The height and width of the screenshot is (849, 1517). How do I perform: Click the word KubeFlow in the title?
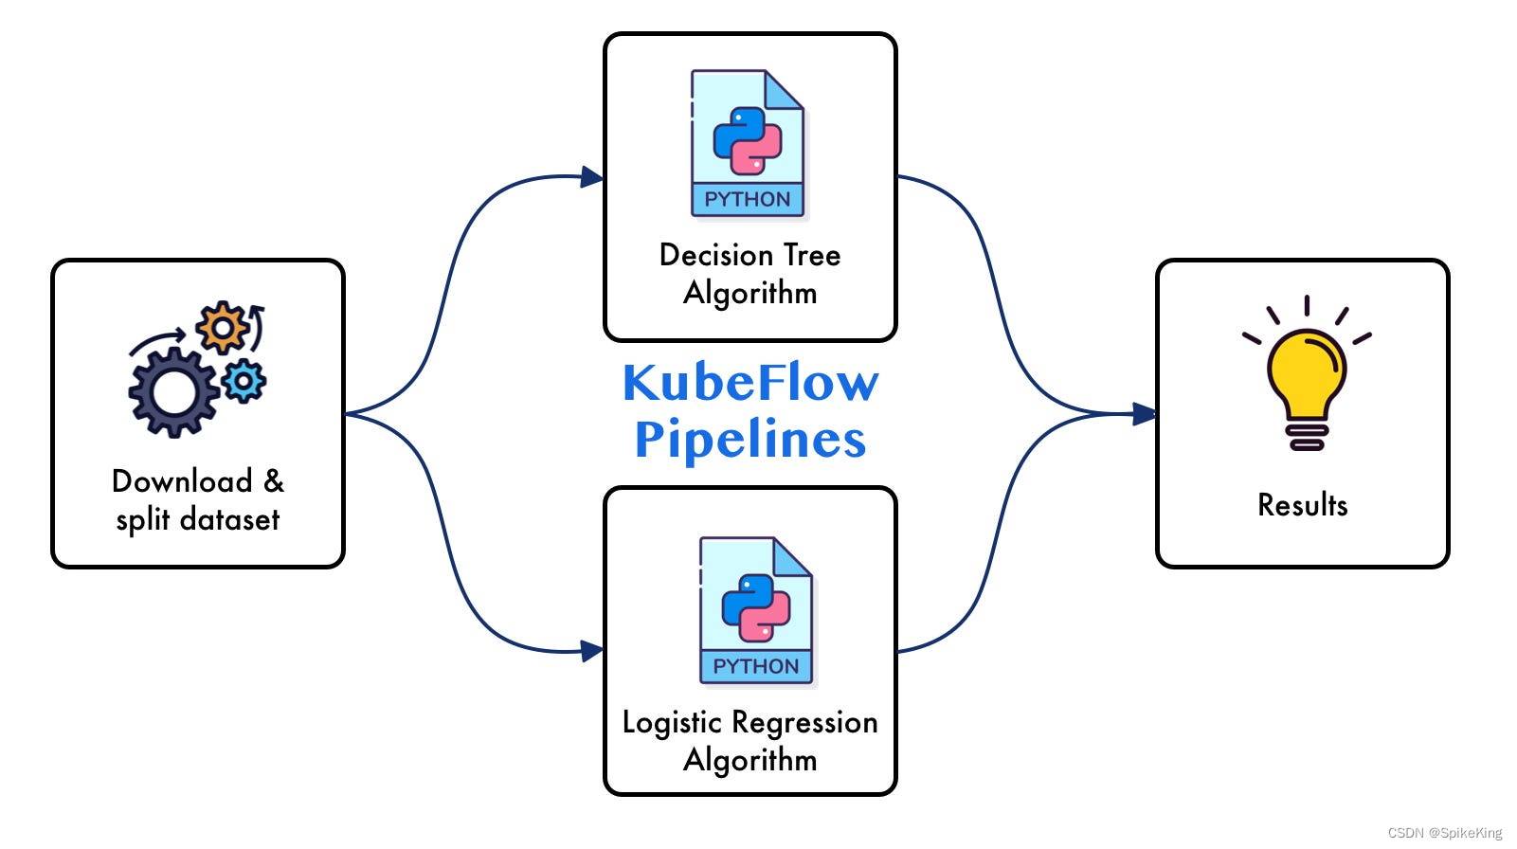pos(750,383)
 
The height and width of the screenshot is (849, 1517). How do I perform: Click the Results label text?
pos(1302,505)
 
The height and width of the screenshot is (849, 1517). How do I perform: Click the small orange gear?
pos(222,328)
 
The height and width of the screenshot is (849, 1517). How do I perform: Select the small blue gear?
pos(244,382)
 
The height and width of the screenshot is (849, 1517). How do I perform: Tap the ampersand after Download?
pos(274,481)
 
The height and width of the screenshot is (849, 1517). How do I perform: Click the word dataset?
pos(229,519)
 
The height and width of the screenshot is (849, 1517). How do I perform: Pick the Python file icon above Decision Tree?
pos(748,143)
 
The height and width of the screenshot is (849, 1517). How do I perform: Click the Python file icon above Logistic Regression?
pos(756,610)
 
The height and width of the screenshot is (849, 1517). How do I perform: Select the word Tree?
pos(812,255)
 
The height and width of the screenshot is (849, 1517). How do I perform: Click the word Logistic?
pos(672,723)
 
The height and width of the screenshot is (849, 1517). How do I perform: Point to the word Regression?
pos(804,723)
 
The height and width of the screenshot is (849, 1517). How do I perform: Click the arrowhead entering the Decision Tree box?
pos(592,177)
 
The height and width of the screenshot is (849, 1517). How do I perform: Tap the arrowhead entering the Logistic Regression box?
pos(592,651)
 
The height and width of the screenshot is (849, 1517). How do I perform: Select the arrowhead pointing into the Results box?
pos(1145,414)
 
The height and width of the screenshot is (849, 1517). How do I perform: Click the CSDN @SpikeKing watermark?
pos(1445,833)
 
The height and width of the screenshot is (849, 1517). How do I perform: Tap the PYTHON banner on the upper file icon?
pos(748,199)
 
